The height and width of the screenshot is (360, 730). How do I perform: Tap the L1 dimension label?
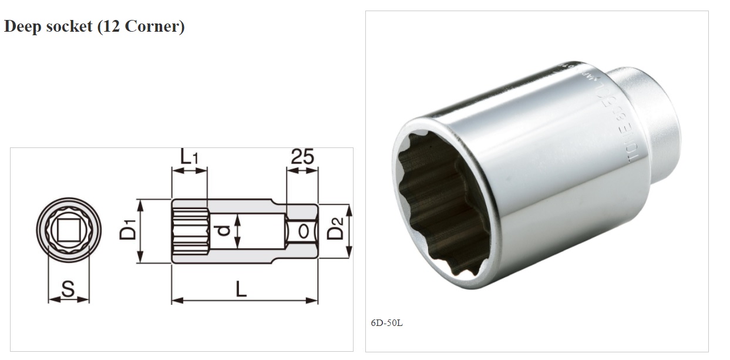pos(189,157)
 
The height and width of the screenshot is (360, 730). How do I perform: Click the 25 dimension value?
pos(302,157)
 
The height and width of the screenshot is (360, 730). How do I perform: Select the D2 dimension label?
pos(334,231)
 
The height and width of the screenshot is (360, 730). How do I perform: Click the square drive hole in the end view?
pos(69,230)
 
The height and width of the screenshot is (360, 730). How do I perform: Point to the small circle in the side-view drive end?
pos(303,231)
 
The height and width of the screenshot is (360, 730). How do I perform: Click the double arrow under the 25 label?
pos(302,170)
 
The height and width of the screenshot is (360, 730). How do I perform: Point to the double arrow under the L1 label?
pos(189,170)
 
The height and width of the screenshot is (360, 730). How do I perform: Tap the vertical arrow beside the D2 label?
pos(348,231)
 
